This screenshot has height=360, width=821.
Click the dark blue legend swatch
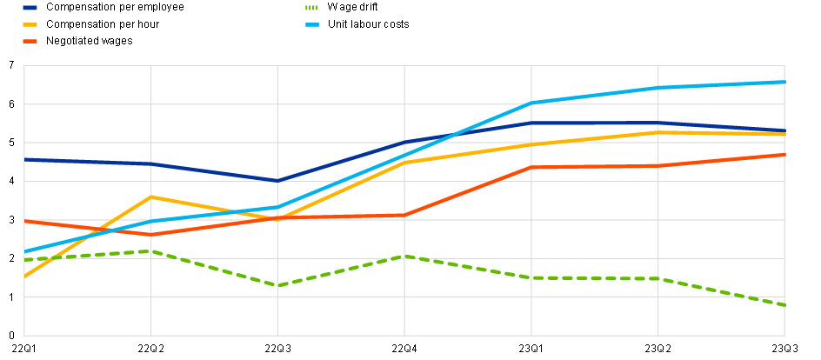coord(30,8)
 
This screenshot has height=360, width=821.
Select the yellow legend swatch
coord(30,24)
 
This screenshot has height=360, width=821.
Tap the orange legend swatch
coord(30,41)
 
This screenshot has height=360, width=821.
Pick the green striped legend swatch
coord(313,8)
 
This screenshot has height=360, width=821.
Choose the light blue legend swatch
coord(313,24)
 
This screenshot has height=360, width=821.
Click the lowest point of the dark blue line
coord(278,180)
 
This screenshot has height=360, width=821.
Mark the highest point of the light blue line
coord(784,82)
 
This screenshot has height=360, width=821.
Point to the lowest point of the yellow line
coord(24,277)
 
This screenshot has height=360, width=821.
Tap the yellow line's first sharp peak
coord(151,197)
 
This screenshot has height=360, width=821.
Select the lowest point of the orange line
coord(151,234)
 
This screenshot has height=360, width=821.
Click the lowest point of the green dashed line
coord(784,305)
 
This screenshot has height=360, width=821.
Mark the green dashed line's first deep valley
coord(278,285)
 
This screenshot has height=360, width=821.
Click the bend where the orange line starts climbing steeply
coord(404,215)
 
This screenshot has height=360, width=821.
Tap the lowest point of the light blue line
coord(24,251)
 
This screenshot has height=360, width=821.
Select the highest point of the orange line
coord(784,155)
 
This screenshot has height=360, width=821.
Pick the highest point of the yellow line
coord(659,132)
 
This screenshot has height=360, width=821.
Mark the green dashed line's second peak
coord(404,256)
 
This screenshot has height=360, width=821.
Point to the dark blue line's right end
coord(784,130)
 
